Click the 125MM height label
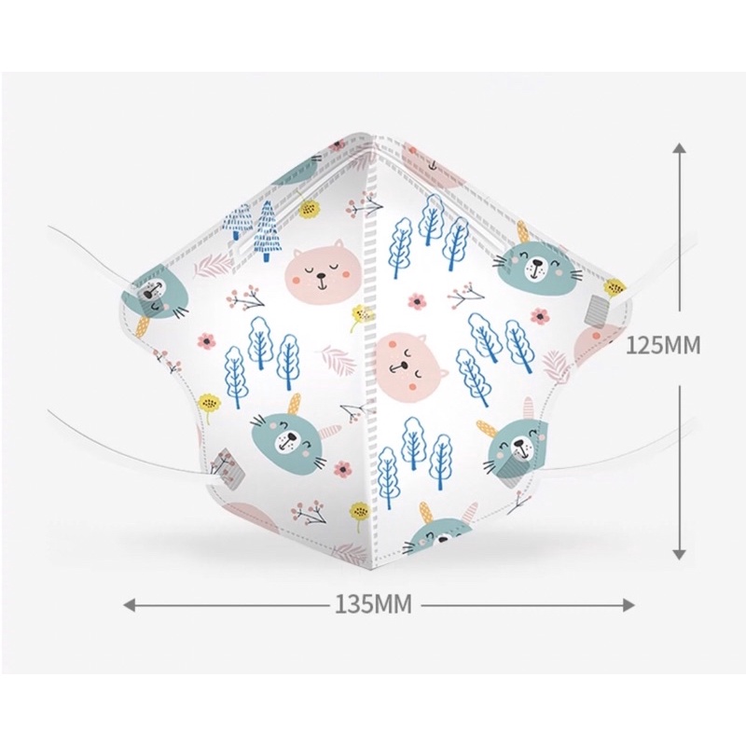pyautogui.click(x=662, y=345)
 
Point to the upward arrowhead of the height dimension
pyautogui.click(x=680, y=148)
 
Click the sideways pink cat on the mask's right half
pyautogui.click(x=410, y=359)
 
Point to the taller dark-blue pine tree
pyautogui.click(x=268, y=230)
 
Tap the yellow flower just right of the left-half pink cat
pyautogui.click(x=360, y=315)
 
